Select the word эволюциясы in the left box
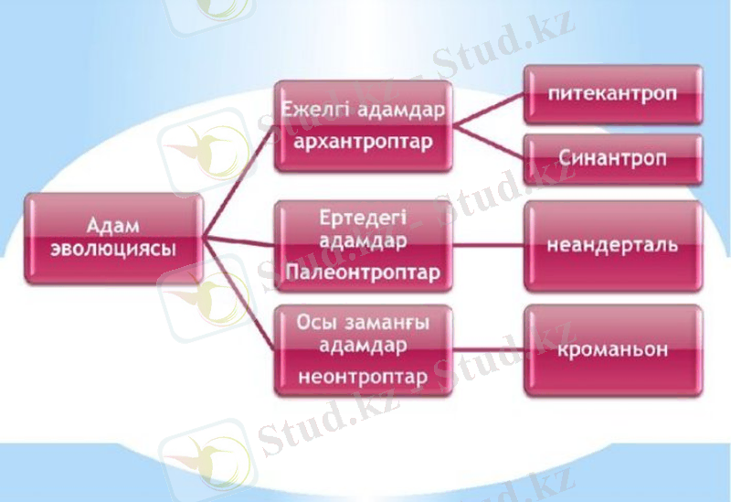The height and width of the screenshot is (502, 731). coord(113,249)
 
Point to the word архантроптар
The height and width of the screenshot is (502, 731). coord(364,143)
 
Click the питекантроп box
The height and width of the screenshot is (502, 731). coord(612,94)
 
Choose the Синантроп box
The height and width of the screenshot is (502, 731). coord(612,158)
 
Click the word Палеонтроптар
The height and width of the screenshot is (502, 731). coord(363,272)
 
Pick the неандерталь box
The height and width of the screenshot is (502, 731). coord(612,245)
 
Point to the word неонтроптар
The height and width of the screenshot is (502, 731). coord(363,376)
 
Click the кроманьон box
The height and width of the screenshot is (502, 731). coord(612,349)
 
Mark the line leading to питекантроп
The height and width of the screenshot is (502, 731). coord(488,109)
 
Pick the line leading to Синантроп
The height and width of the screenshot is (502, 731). coord(488,144)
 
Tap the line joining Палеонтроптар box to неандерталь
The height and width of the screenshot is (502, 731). coord(488,245)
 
